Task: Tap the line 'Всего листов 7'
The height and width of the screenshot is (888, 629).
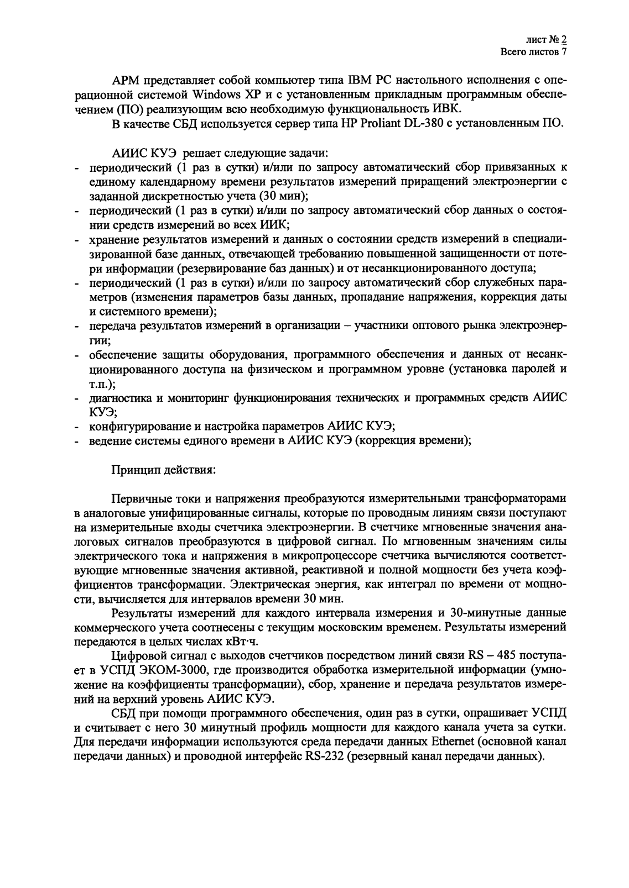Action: pyautogui.click(x=533, y=52)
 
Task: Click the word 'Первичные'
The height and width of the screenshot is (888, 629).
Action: pyautogui.click(x=138, y=499)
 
